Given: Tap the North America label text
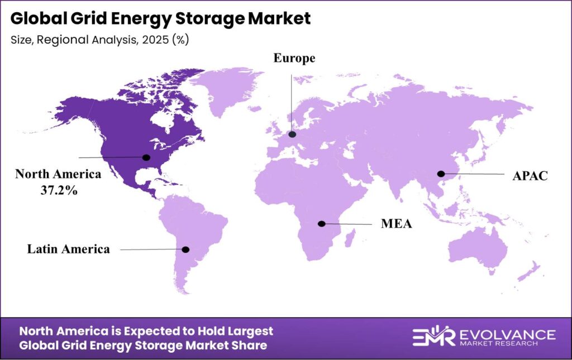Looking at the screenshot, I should (x=58, y=174).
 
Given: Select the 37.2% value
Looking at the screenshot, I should (x=58, y=190).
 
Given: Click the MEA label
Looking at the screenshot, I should (x=397, y=224).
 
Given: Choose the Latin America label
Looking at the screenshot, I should (x=69, y=249).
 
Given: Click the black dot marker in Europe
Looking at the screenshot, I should (x=292, y=135).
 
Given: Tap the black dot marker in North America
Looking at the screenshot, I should (x=146, y=157).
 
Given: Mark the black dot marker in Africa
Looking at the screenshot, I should (x=322, y=224).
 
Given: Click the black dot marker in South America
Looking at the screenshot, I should (x=186, y=249).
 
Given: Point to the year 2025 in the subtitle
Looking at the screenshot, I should (x=159, y=40).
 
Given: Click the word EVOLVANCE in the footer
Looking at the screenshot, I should (x=506, y=334).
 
